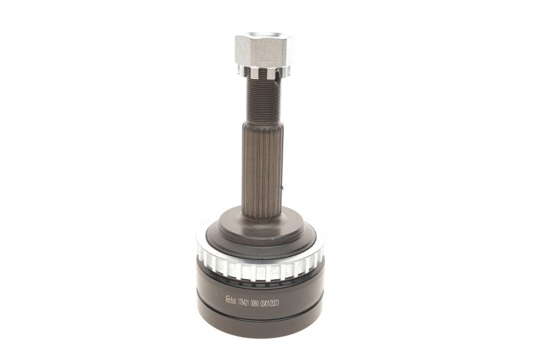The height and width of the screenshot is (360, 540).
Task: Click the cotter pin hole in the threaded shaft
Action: pos(276,82)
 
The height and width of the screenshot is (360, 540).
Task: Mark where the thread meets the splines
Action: pos(263,122)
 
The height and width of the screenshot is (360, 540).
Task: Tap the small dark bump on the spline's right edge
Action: pos(283,188)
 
